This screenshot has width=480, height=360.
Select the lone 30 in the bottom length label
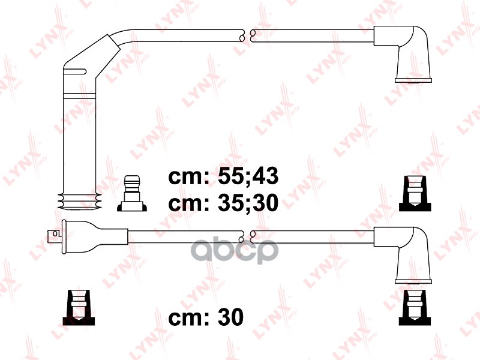[x=230, y=317]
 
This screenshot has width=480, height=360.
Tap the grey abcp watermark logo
[x=235, y=251]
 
